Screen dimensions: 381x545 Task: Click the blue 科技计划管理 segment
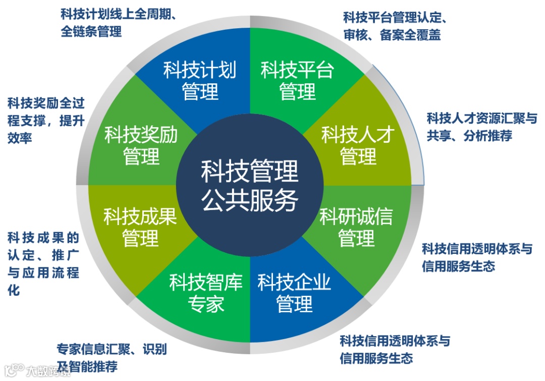199,81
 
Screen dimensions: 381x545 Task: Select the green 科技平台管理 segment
297,81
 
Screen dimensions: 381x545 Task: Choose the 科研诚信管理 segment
356,227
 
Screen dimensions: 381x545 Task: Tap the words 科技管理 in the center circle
250,171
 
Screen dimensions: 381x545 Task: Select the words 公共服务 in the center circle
250,200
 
